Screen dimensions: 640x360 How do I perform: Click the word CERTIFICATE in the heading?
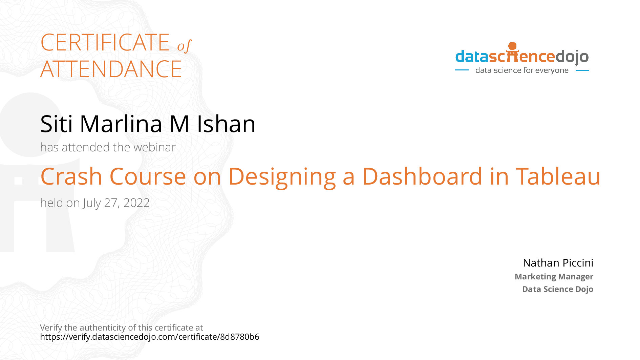(x=105, y=43)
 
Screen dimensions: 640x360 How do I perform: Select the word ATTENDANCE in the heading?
(x=111, y=69)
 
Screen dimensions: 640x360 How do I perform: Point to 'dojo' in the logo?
(x=572, y=57)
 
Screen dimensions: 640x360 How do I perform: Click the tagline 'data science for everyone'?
(x=522, y=70)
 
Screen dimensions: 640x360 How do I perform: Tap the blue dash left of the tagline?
(x=462, y=70)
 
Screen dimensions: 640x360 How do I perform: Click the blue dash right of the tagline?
(x=582, y=70)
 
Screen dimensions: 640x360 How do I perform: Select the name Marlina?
(x=121, y=124)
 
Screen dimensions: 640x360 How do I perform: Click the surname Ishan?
(x=226, y=124)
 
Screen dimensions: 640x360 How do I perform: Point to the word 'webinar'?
(x=154, y=147)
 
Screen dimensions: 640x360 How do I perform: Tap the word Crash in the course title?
(x=71, y=176)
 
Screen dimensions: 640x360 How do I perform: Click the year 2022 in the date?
(x=136, y=203)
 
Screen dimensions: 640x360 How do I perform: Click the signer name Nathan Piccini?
(x=558, y=263)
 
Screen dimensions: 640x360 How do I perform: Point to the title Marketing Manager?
(x=554, y=277)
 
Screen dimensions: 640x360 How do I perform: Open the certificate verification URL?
(x=150, y=337)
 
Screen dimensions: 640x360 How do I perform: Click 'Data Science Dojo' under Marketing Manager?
(x=558, y=289)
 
